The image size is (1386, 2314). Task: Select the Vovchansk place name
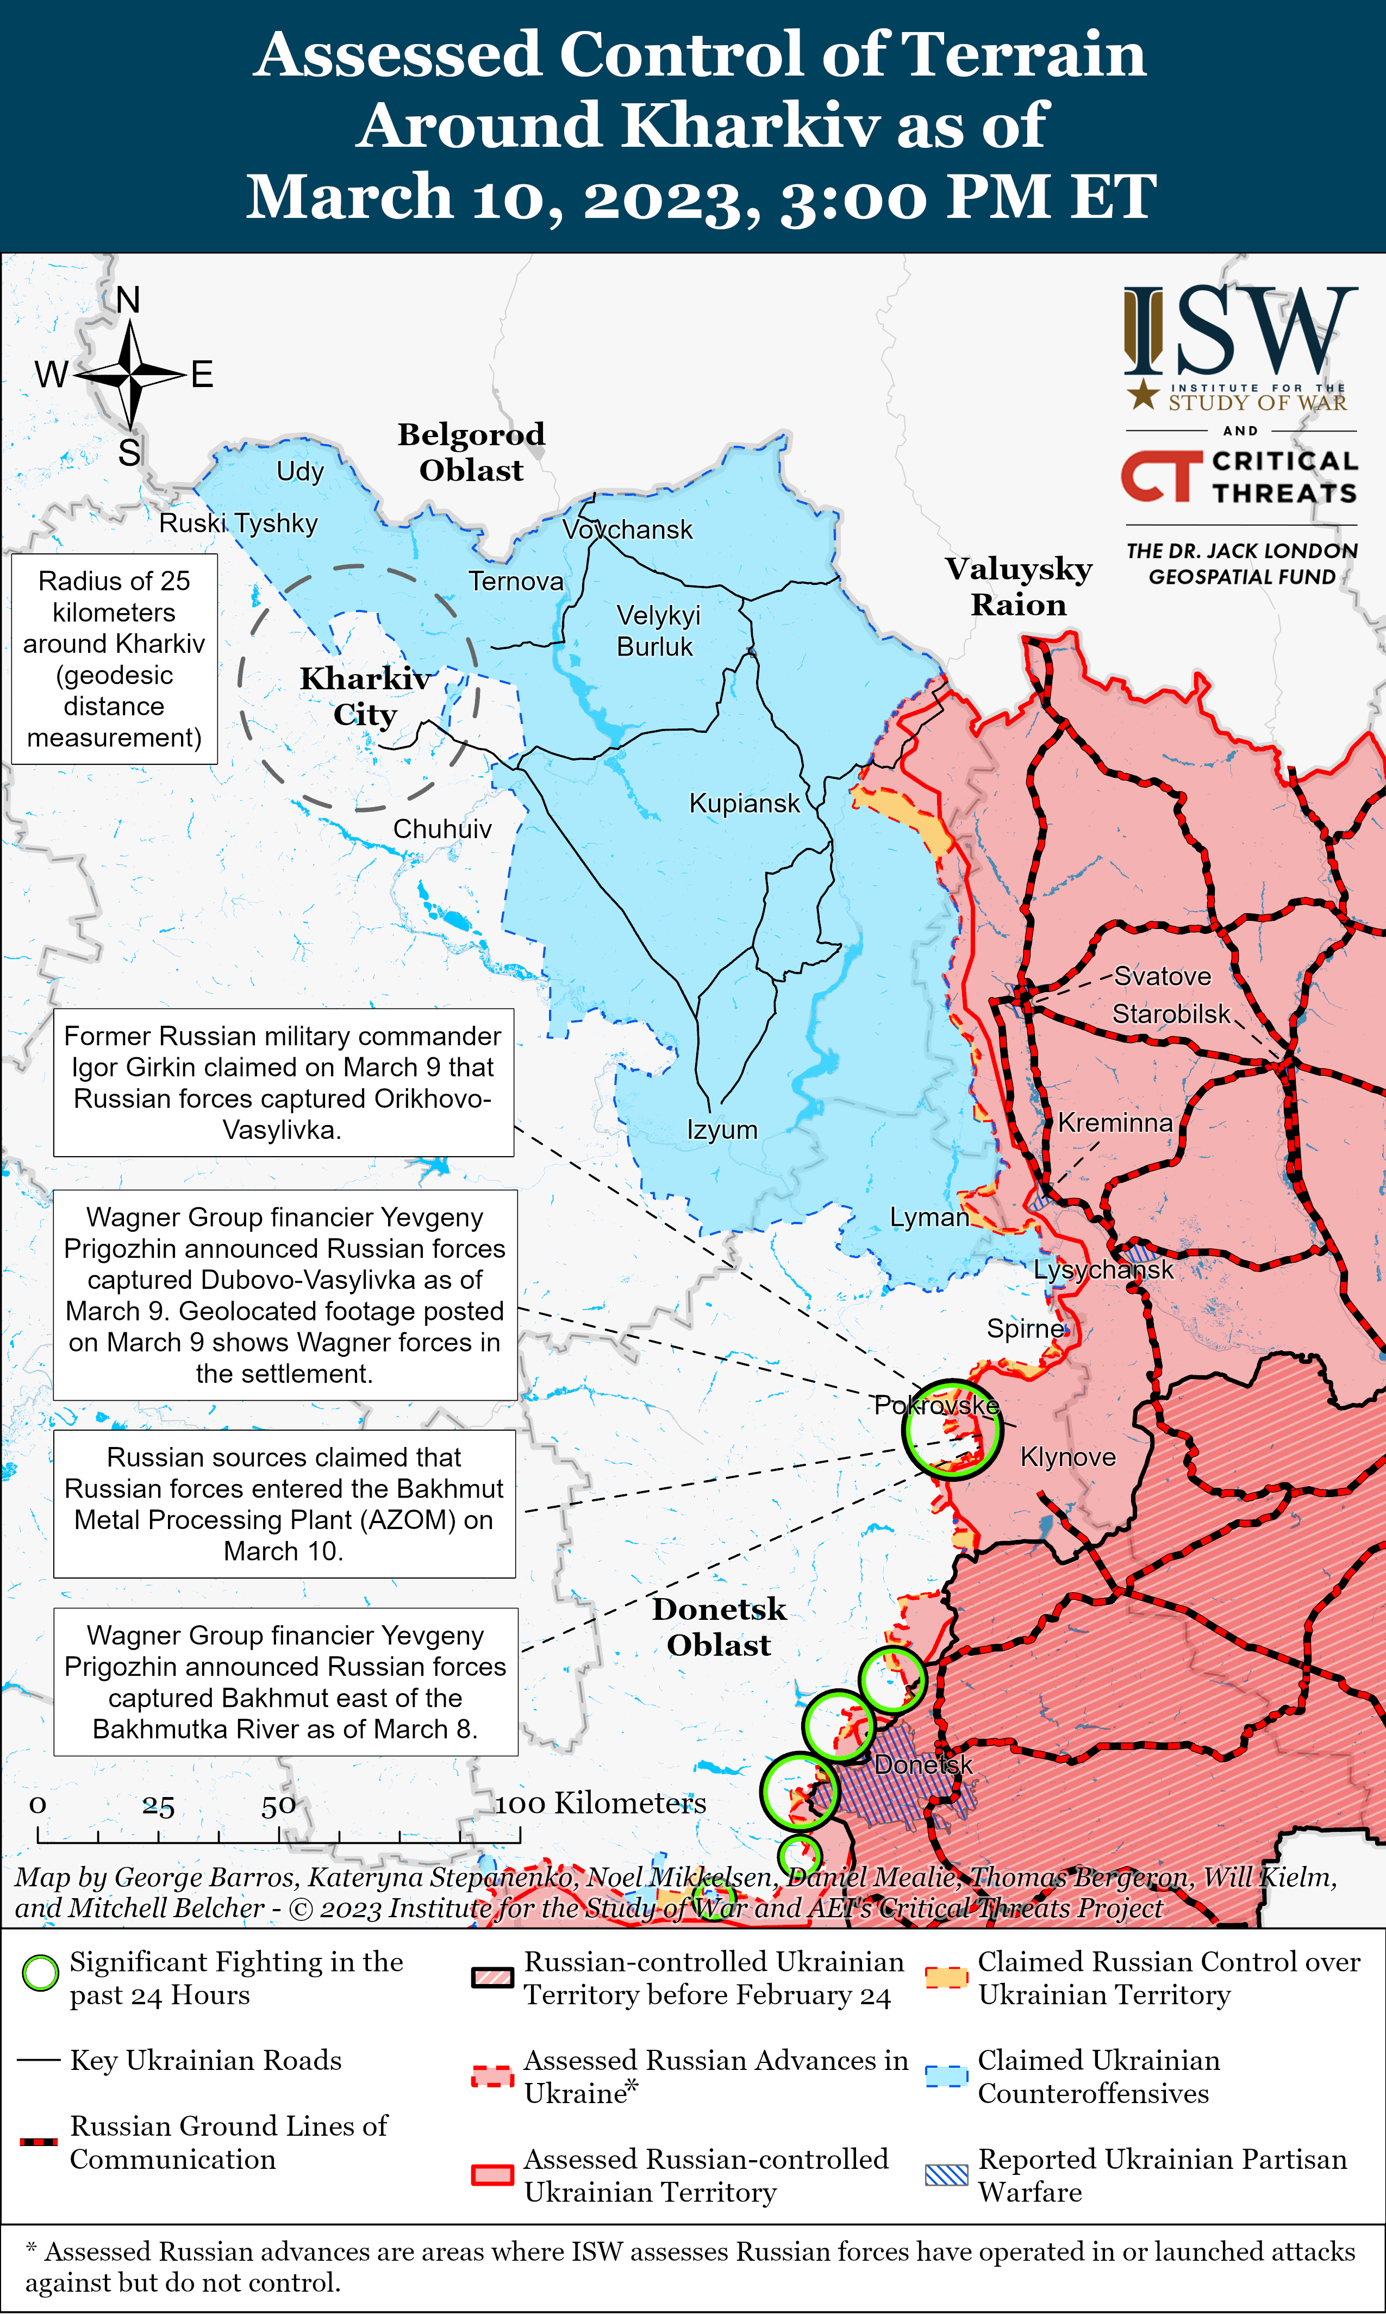coord(628,529)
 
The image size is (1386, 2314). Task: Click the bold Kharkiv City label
coord(365,696)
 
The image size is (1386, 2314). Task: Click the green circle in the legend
coord(40,1973)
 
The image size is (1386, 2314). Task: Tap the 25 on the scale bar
coord(158,1806)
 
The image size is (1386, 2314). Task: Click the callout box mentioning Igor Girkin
coord(283,1082)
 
